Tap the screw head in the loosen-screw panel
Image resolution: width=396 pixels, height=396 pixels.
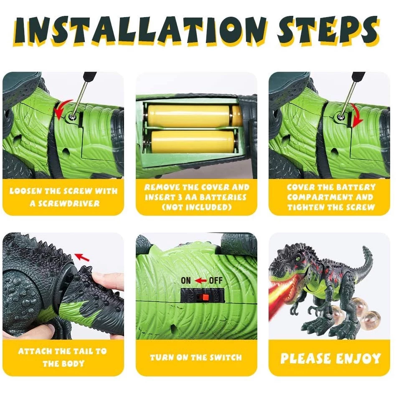pyautogui.click(x=72, y=117)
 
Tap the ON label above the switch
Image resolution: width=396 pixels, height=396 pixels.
pyautogui.click(x=186, y=281)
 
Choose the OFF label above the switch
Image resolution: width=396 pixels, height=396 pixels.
pyautogui.click(x=216, y=281)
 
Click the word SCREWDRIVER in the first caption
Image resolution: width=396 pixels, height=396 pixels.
pyautogui.click(x=65, y=203)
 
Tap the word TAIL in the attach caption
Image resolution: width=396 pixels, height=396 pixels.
pyautogui.click(x=83, y=351)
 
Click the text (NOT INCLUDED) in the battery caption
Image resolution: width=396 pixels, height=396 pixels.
pyautogui.click(x=196, y=207)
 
